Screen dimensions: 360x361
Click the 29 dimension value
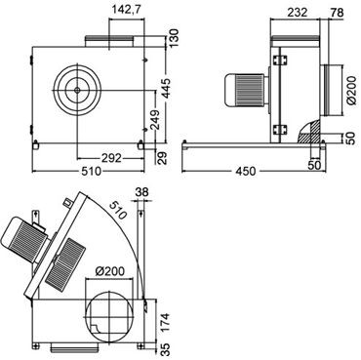[174, 158]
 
